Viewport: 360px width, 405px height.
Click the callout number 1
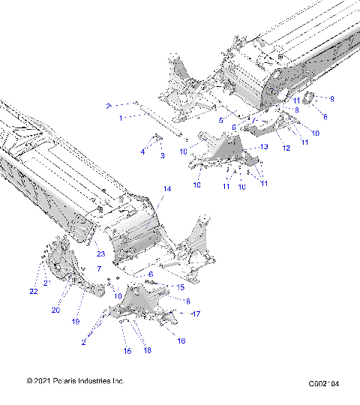coord(119,118)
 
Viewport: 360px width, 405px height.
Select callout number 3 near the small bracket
coord(162,155)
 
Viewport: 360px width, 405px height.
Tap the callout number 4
coord(142,152)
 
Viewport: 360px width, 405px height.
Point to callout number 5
coord(220,120)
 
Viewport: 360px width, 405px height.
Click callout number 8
coord(296,110)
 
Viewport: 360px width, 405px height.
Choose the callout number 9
coord(332,99)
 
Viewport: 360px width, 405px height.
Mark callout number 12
coord(285,148)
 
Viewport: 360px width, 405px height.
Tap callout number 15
coord(180,286)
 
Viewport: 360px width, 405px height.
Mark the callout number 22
coord(33,291)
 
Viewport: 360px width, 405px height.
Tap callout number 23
coord(100,253)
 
